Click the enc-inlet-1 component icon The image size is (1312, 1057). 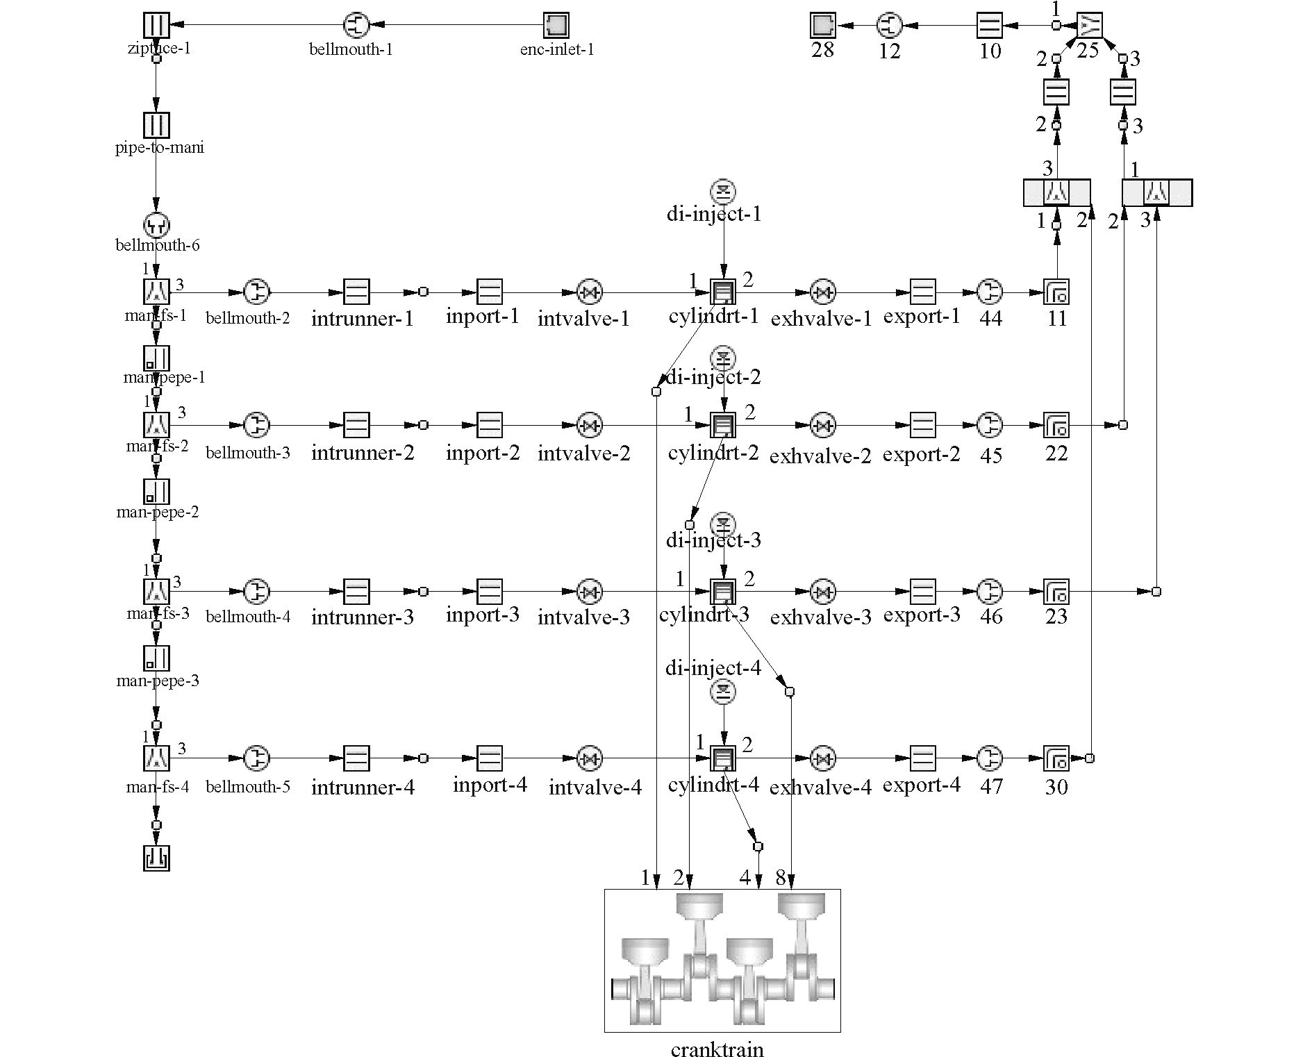[x=556, y=26]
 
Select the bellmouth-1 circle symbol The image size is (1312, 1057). [x=356, y=26]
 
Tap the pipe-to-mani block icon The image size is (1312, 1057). [x=156, y=125]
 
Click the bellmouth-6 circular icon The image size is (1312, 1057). [x=156, y=224]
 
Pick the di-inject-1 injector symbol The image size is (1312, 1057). [x=724, y=191]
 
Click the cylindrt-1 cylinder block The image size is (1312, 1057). [x=724, y=292]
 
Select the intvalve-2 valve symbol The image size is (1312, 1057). [x=590, y=425]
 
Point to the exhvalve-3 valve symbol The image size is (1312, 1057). [x=823, y=592]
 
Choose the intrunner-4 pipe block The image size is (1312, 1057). [x=356, y=758]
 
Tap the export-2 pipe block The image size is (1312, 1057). [x=922, y=425]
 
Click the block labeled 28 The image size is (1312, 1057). [x=823, y=26]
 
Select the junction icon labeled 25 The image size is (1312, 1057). [x=1089, y=26]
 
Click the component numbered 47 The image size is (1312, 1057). [x=990, y=758]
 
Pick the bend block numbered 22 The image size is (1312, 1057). [x=1056, y=425]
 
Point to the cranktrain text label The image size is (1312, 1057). [x=717, y=1049]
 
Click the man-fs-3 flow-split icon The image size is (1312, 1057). [x=156, y=592]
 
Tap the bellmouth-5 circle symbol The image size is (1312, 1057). [x=256, y=758]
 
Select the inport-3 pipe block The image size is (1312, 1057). [x=490, y=592]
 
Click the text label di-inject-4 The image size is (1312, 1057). [x=713, y=668]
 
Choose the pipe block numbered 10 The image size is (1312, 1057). [x=989, y=26]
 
